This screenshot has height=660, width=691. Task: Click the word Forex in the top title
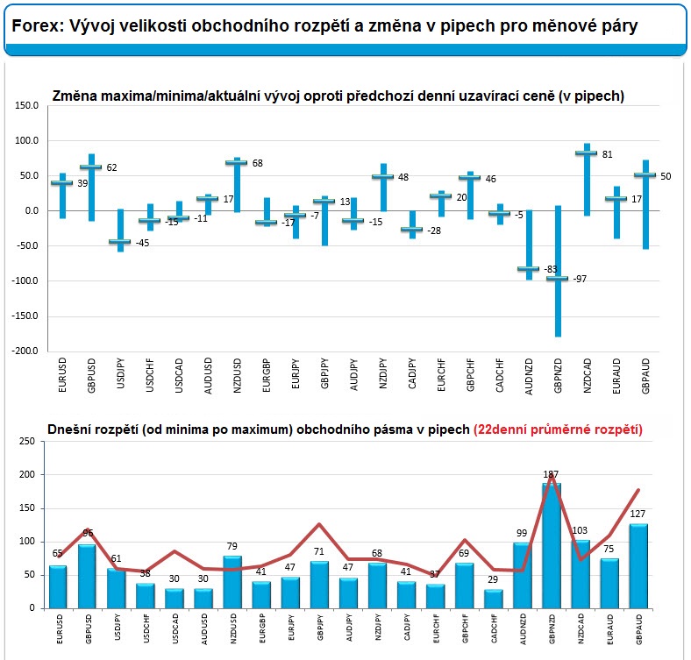tap(34, 27)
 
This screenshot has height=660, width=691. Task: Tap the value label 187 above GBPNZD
tap(551, 474)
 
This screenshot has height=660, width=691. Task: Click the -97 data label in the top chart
tap(581, 279)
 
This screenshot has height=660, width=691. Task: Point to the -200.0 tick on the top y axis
tap(25, 351)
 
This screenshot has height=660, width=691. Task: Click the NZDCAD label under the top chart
tap(587, 377)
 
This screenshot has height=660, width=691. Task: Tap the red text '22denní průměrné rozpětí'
tap(558, 429)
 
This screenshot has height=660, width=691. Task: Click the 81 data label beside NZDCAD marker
tap(608, 154)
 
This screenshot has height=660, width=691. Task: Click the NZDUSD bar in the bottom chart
tap(233, 581)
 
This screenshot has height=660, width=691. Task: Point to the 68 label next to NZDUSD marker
tap(258, 163)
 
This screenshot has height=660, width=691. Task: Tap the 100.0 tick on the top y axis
tap(25, 140)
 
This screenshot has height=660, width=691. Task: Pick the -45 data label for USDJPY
tap(142, 243)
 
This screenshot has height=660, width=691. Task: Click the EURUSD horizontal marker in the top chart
tap(61, 182)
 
